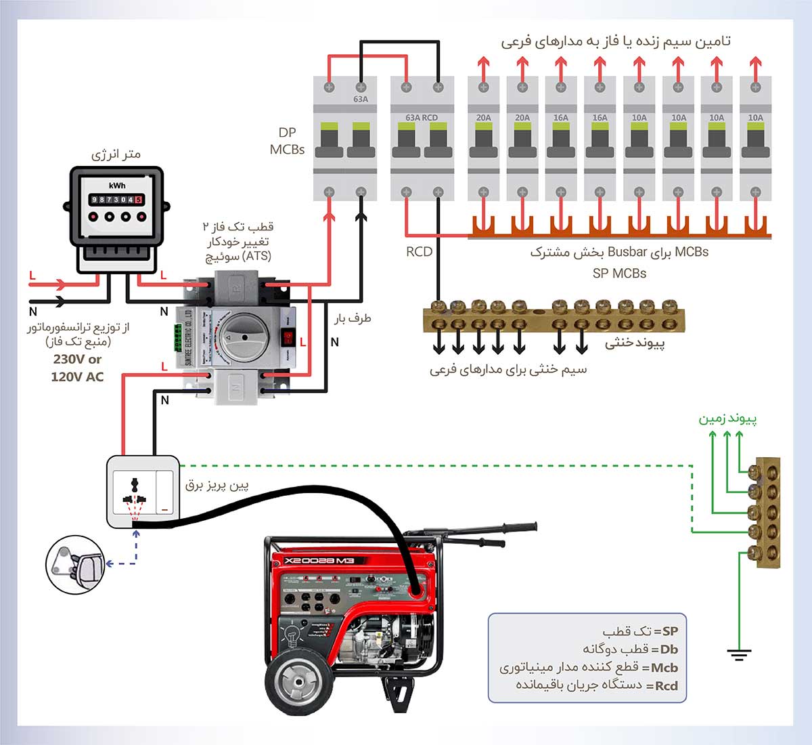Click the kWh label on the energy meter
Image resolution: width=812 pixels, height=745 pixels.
click(x=117, y=186)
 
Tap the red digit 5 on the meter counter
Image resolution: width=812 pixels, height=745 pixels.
click(x=139, y=200)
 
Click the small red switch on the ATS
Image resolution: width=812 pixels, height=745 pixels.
click(x=288, y=337)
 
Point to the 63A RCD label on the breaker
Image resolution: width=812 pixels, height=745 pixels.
click(x=422, y=117)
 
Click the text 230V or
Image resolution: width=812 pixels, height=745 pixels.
click(x=77, y=360)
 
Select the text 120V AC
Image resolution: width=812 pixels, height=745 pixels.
click(x=77, y=377)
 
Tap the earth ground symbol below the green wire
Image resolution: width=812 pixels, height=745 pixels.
click(x=740, y=655)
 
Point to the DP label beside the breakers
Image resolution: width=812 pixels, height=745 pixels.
click(x=287, y=133)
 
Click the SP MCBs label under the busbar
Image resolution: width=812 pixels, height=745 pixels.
click(x=619, y=274)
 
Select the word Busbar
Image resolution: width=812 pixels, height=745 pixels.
click(x=627, y=252)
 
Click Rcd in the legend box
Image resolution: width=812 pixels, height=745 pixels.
click(x=666, y=685)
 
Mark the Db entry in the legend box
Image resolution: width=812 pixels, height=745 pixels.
click(x=669, y=649)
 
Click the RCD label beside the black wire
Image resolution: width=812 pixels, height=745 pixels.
click(x=419, y=252)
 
